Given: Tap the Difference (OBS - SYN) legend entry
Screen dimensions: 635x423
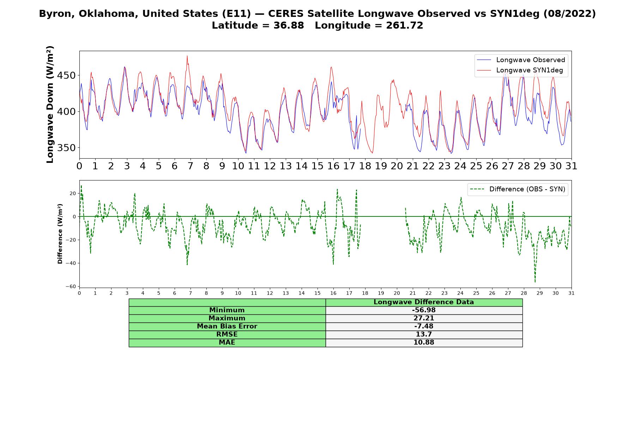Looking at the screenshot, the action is point(518,189).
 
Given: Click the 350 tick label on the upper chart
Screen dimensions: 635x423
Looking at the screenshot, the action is point(66,148).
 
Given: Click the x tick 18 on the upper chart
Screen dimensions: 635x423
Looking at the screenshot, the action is point(365,166).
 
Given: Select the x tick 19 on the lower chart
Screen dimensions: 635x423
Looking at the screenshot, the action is point(381,293).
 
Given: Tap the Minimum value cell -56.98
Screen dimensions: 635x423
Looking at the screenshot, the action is point(424,310).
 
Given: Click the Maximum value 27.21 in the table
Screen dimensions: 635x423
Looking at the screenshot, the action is point(424,318).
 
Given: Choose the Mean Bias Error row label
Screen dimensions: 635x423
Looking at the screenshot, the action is point(227,326).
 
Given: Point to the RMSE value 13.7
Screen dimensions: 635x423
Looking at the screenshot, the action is point(424,335).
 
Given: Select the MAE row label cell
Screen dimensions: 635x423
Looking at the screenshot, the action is point(227,343).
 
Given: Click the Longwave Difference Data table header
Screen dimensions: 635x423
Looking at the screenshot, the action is point(424,302).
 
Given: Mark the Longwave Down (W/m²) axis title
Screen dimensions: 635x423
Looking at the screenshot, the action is point(50,104).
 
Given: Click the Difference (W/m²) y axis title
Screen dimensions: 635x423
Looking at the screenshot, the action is point(60,234).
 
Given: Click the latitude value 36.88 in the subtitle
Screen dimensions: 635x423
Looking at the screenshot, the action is point(289,25).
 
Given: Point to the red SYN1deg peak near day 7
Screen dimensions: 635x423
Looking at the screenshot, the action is point(187,56).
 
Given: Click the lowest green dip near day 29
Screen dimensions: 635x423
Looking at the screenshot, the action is point(535,282).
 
